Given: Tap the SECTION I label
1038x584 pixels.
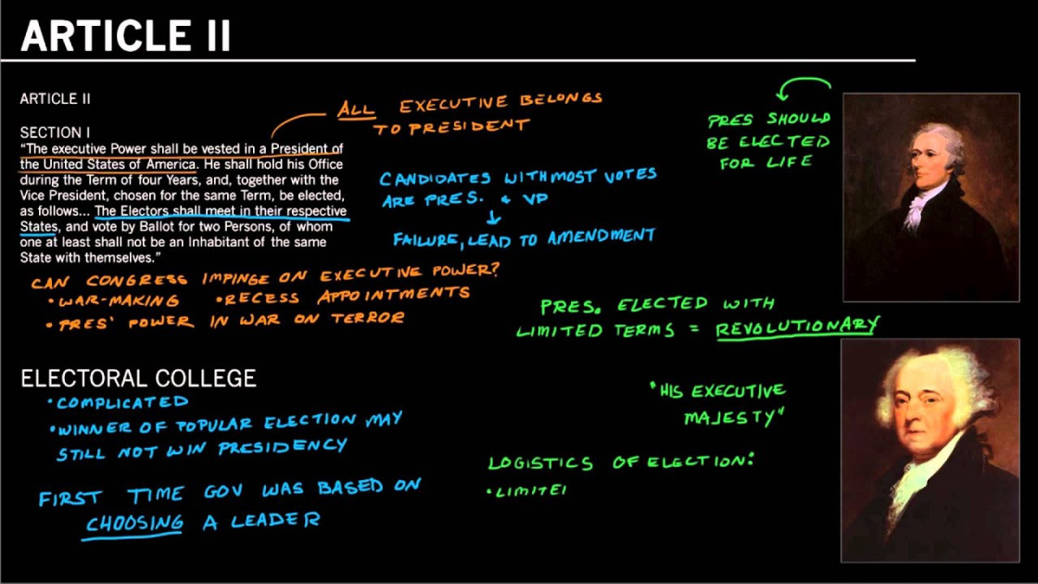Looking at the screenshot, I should click(x=55, y=133).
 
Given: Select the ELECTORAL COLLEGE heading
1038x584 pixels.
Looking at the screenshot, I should click(x=138, y=378).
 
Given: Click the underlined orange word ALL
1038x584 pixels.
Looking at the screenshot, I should click(x=356, y=109).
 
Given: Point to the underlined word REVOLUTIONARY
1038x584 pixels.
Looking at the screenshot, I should click(x=796, y=325).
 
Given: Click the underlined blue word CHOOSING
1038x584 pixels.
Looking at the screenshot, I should click(x=134, y=522).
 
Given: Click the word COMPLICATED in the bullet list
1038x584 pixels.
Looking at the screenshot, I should click(x=122, y=402).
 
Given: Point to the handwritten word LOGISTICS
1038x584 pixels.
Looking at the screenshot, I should click(x=540, y=463).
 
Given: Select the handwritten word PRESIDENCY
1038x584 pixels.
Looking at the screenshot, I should click(x=282, y=448).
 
